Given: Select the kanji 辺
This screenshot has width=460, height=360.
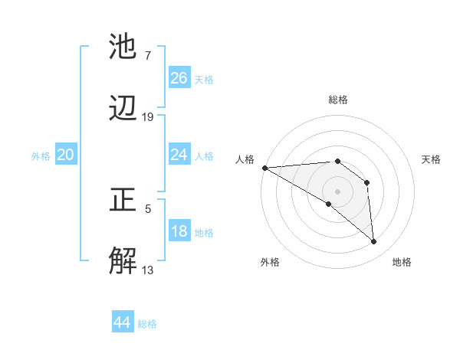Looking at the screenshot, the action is click(x=123, y=109).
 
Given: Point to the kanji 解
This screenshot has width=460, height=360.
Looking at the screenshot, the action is click(x=123, y=261).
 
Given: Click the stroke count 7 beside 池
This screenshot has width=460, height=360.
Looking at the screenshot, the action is click(x=147, y=56).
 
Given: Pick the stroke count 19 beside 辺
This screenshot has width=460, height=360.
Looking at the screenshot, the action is click(x=148, y=117).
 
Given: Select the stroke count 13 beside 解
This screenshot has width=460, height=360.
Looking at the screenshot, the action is click(x=148, y=270).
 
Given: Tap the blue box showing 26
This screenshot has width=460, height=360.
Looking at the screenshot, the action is click(x=179, y=78).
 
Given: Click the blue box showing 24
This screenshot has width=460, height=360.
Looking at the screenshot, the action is click(x=179, y=155).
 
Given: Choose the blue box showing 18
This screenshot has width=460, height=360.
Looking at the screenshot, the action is click(x=179, y=231).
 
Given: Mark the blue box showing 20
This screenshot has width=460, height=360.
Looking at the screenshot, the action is click(x=65, y=155).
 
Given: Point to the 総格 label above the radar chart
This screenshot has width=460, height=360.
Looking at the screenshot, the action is click(x=337, y=100).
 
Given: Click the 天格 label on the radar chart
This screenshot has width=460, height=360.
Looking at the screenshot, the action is click(x=432, y=159).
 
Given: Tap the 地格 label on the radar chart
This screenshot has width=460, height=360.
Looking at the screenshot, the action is click(x=402, y=262).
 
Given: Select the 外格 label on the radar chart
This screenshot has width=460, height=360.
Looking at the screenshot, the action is click(x=270, y=262).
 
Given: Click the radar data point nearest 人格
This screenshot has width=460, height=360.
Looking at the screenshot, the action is click(x=264, y=168).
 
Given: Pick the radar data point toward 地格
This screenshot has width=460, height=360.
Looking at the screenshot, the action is click(x=374, y=242).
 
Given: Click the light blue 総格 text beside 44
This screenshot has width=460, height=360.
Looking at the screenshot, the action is click(x=147, y=324).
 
